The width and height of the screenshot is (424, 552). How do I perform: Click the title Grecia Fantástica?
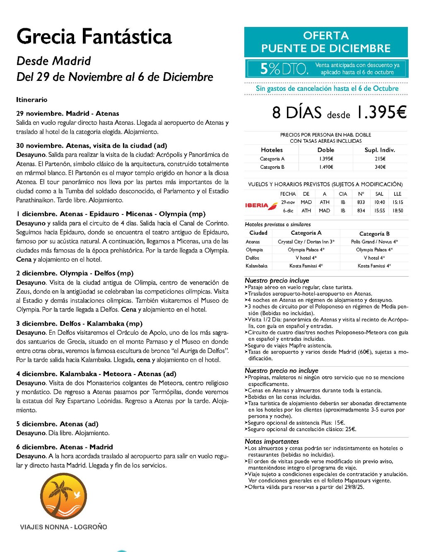point(94,36)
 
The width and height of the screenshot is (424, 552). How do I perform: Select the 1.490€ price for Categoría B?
point(326,167)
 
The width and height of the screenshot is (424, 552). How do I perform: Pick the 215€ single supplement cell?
point(380,159)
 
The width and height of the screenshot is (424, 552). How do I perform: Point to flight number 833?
point(361,202)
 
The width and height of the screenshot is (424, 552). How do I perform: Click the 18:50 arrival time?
point(397,211)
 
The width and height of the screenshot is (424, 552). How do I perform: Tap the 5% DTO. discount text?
point(284,69)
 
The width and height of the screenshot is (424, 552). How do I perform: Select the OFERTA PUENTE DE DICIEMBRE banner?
point(326,42)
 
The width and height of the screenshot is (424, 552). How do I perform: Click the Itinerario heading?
point(32,100)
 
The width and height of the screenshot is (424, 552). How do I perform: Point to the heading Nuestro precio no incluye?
point(281,370)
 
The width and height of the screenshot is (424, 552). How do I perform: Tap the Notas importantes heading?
point(272,441)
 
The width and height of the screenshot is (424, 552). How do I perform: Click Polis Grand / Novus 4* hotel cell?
point(374,241)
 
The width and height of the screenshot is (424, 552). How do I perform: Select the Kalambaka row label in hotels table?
point(256,266)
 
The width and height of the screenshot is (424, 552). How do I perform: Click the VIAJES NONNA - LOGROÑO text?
point(63,527)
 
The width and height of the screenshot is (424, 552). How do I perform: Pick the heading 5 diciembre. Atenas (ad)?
point(57,424)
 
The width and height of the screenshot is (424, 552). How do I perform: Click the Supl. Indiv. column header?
point(380,150)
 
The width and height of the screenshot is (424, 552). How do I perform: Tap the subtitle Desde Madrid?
point(53,61)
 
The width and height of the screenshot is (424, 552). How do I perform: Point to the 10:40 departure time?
point(379,202)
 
